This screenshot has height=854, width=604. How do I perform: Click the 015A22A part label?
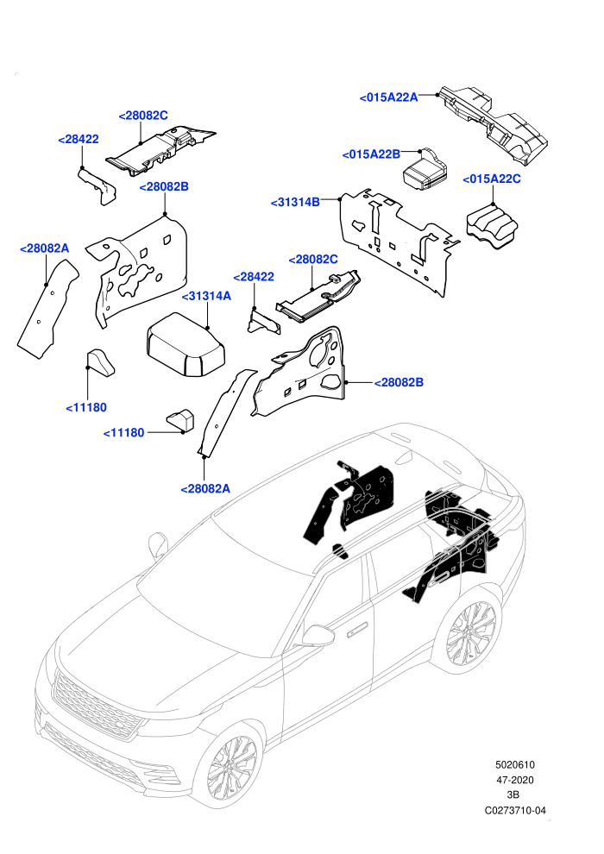[x=389, y=97]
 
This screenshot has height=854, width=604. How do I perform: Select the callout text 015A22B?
[x=371, y=154]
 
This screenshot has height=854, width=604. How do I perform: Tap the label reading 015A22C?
[x=492, y=179]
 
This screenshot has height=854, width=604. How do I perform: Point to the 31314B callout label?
[x=295, y=203]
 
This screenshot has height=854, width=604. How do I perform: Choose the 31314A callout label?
[x=206, y=296]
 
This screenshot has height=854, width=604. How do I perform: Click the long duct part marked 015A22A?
[x=494, y=123]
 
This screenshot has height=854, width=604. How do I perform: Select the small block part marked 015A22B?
[x=425, y=170]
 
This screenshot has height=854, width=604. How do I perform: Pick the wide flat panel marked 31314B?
[x=399, y=241]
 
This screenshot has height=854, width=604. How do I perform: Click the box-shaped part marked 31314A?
[x=186, y=343]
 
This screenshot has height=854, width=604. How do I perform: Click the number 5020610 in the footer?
[x=514, y=764]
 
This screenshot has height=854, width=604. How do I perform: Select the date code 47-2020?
[x=514, y=780]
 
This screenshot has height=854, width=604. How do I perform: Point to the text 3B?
[x=513, y=795]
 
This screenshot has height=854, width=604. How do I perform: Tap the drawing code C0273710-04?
[x=515, y=810]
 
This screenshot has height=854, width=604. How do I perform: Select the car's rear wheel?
[x=472, y=636]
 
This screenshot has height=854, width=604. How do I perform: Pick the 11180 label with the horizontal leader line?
[x=124, y=433]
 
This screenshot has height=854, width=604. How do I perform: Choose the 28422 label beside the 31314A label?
[x=254, y=277]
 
